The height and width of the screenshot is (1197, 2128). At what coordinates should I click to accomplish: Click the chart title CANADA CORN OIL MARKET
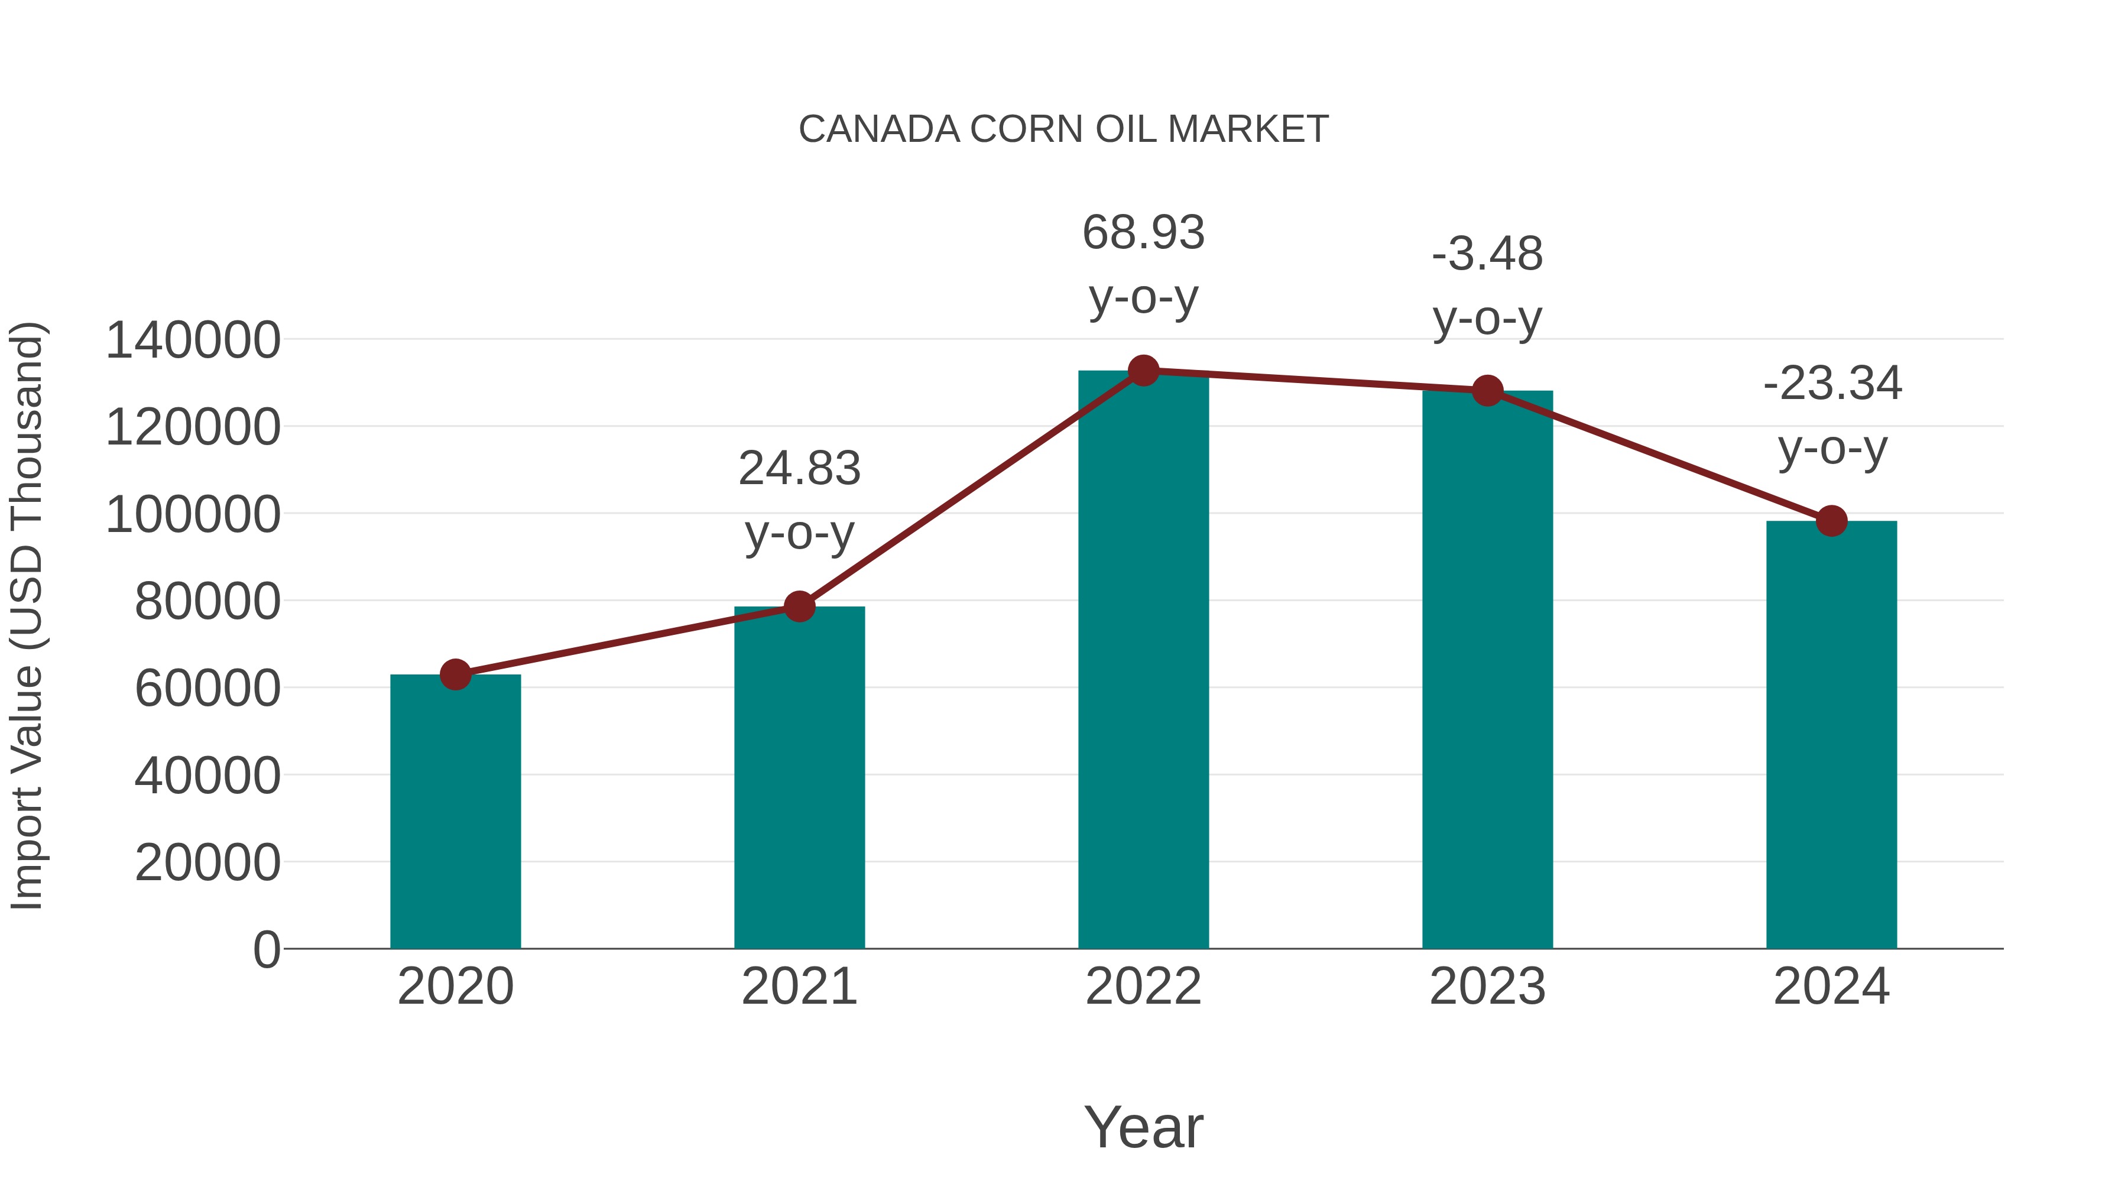[x=1063, y=129]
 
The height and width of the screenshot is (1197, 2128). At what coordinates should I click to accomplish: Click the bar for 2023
[x=1487, y=669]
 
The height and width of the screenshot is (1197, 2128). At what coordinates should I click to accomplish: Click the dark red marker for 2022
[x=1143, y=371]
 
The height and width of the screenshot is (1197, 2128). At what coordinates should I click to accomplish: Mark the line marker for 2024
[x=1831, y=521]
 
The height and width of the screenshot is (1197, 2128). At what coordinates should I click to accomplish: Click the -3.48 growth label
[x=1487, y=286]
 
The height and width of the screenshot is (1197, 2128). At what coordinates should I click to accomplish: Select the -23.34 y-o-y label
[x=1831, y=416]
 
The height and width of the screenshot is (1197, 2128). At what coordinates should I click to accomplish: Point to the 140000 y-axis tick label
[x=193, y=340]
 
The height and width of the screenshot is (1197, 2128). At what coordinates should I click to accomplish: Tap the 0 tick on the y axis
[x=267, y=949]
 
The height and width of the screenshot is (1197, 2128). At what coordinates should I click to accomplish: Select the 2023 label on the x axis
[x=1487, y=987]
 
